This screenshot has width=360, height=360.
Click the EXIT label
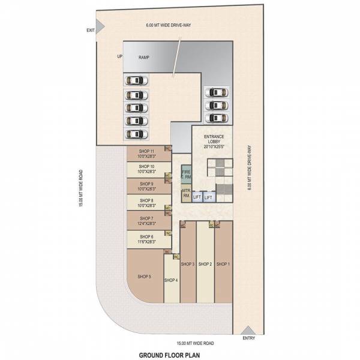click(91, 30)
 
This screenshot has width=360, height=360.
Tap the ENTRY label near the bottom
click(248, 338)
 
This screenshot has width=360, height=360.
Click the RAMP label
click(144, 58)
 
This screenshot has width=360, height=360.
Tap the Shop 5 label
click(144, 276)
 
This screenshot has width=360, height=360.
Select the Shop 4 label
click(171, 280)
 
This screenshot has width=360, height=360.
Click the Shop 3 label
click(188, 264)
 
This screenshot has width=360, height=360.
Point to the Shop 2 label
click(206, 264)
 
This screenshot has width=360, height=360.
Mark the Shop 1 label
click(223, 264)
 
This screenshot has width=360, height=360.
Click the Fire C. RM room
click(186, 174)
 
